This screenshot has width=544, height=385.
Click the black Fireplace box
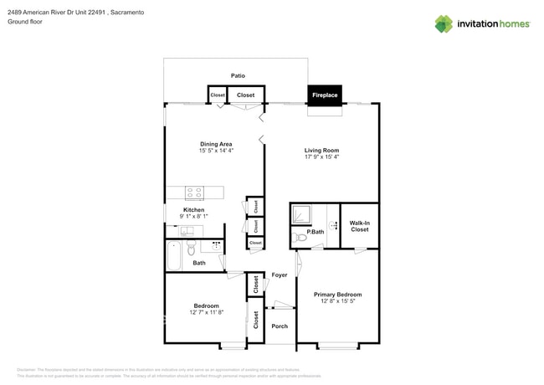[325, 95]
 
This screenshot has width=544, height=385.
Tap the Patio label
[239, 75]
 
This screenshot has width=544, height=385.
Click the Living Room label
[321, 150]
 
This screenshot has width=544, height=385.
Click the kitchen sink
[187, 231]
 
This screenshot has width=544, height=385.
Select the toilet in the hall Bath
[192, 248]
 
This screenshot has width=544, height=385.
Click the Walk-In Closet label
[359, 226]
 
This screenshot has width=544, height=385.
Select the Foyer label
[279, 275]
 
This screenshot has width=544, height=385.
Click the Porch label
[280, 326]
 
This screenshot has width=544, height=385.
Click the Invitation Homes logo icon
[443, 24]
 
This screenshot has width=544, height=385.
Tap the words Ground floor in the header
[25, 23]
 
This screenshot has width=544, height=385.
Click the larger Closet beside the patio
[246, 95]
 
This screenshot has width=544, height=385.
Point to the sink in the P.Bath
[332, 224]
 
